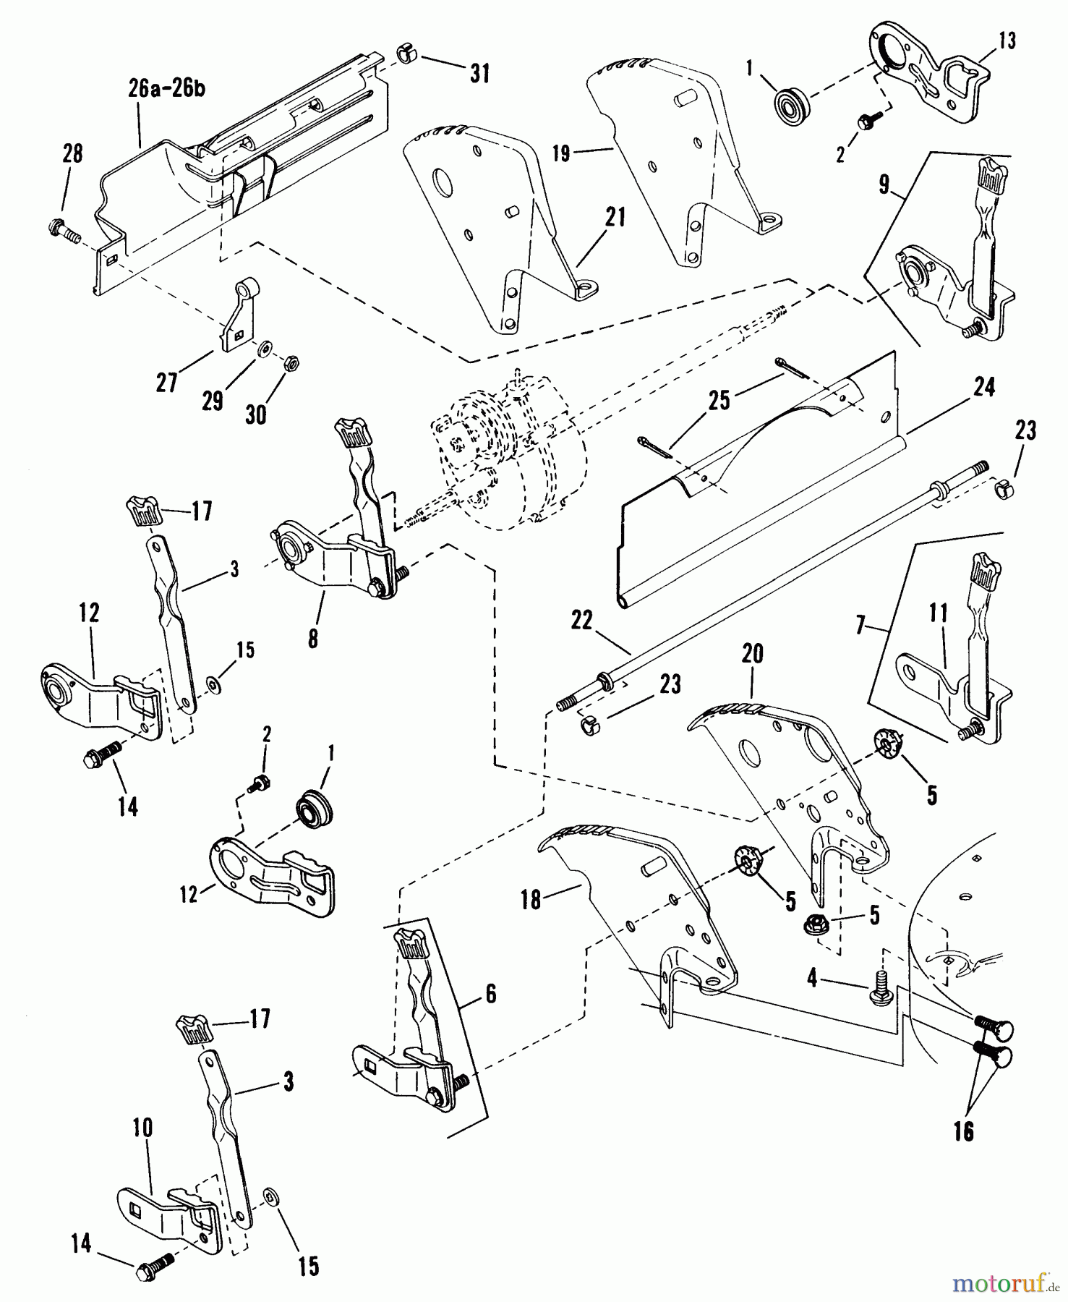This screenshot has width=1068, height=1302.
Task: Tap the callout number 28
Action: point(72,153)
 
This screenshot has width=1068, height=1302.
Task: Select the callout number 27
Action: point(167,382)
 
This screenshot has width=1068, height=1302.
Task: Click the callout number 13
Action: point(1007,41)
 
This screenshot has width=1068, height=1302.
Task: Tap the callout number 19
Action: point(561,153)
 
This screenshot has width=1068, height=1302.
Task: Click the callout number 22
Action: point(581,621)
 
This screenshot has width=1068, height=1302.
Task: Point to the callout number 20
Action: point(752,654)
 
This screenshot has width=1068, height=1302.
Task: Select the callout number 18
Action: point(531,901)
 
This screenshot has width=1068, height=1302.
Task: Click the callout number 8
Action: point(312,639)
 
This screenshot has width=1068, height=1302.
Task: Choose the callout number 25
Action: point(719,400)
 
